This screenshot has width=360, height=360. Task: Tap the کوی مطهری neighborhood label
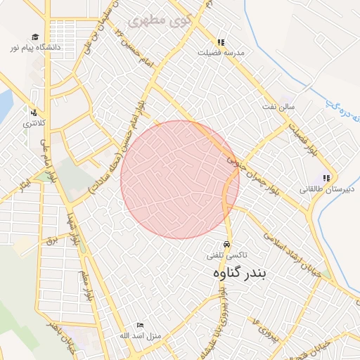click(161, 19)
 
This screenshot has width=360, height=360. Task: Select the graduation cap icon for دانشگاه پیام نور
click(35, 37)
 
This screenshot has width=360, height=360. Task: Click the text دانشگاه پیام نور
click(35, 48)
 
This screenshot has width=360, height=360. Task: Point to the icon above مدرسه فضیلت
click(221, 42)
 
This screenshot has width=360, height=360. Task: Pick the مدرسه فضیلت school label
click(221, 53)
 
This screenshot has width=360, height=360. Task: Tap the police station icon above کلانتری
click(33, 111)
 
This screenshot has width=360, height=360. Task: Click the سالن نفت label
click(289, 107)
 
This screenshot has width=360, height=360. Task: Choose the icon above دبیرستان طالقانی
click(326, 178)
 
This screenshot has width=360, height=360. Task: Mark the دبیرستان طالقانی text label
click(321, 188)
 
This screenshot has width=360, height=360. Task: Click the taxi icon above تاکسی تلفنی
click(226, 244)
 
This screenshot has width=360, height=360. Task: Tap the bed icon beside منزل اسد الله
click(140, 325)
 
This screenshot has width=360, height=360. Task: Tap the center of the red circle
click(180, 179)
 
